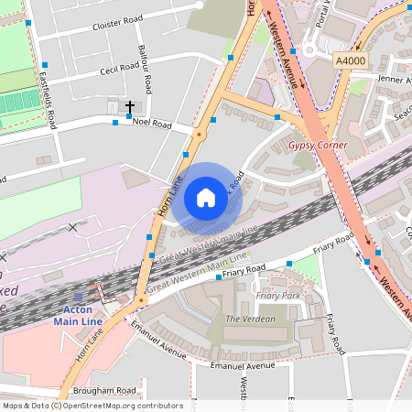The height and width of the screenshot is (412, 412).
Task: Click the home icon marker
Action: click(x=206, y=198)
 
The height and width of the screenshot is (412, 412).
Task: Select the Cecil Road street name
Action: click(x=120, y=68)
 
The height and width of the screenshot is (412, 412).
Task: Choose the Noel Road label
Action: click(x=152, y=122)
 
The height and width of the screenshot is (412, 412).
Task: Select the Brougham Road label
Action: click(x=107, y=390)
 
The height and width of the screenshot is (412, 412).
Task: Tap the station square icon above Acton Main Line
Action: click(x=78, y=297)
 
